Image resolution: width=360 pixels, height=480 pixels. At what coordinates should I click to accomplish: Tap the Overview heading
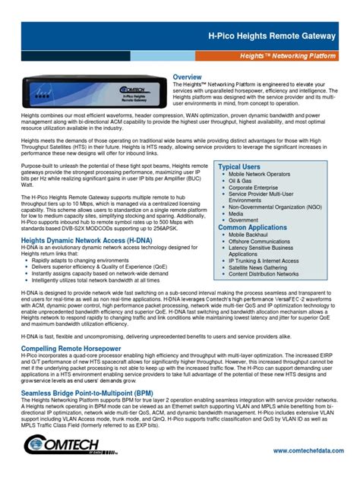pos(187,77)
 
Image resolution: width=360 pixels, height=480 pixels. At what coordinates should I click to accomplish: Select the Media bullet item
pos(237,213)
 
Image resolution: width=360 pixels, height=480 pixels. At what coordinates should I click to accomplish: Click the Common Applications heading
pos(252,228)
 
